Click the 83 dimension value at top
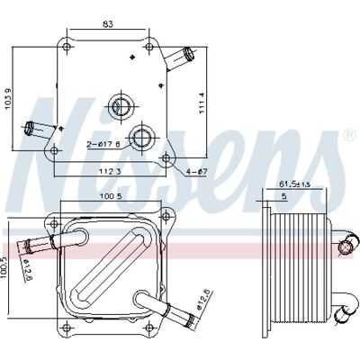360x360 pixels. pos(108,24)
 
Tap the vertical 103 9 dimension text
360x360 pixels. pos(9,99)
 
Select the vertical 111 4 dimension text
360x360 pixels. pos(202,103)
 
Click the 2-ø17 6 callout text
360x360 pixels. pos(103,145)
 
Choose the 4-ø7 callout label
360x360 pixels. pos(197,172)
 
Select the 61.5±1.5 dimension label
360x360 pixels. pos(294,184)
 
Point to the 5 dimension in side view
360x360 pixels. pos(284,196)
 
